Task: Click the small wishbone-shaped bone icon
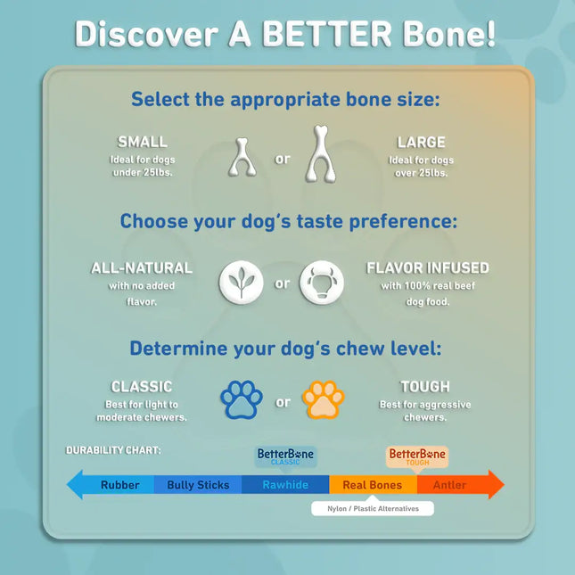click(242, 159)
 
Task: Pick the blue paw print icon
click(242, 400)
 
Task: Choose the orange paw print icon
click(323, 400)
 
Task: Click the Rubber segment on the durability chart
click(119, 485)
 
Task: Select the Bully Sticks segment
click(198, 485)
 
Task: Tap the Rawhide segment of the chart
click(285, 485)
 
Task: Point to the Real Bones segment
click(372, 485)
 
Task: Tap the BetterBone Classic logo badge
click(285, 456)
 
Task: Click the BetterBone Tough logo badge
click(417, 456)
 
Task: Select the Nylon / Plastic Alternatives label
click(372, 508)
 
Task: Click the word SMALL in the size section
click(143, 142)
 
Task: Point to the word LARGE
click(422, 142)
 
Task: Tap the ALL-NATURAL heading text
click(142, 267)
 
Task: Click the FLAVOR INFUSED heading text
click(428, 267)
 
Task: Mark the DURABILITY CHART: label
click(113, 450)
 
